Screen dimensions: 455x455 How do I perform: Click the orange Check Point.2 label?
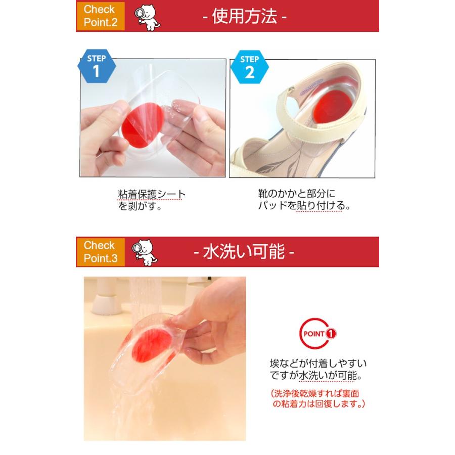pyautogui.click(x=100, y=16)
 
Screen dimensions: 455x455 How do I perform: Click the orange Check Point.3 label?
pyautogui.click(x=100, y=252)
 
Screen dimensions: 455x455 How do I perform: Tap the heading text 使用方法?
pyautogui.click(x=244, y=16)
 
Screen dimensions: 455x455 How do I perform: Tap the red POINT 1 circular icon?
pyautogui.click(x=318, y=334)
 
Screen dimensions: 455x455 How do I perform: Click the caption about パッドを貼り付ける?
pyautogui.click(x=303, y=200)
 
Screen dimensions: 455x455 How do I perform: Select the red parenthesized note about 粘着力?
pyautogui.click(x=318, y=399)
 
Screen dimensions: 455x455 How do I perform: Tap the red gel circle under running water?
pyautogui.click(x=152, y=344)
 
